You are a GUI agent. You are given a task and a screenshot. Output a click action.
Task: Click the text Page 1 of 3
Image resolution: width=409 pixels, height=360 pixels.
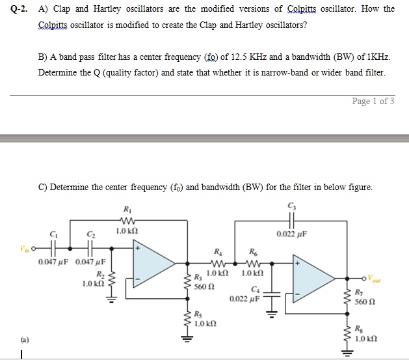[372, 101]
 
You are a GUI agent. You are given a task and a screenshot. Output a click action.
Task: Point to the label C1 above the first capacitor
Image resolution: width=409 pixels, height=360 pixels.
[53, 234]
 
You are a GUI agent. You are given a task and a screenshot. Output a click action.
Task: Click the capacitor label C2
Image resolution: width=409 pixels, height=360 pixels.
[90, 234]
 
